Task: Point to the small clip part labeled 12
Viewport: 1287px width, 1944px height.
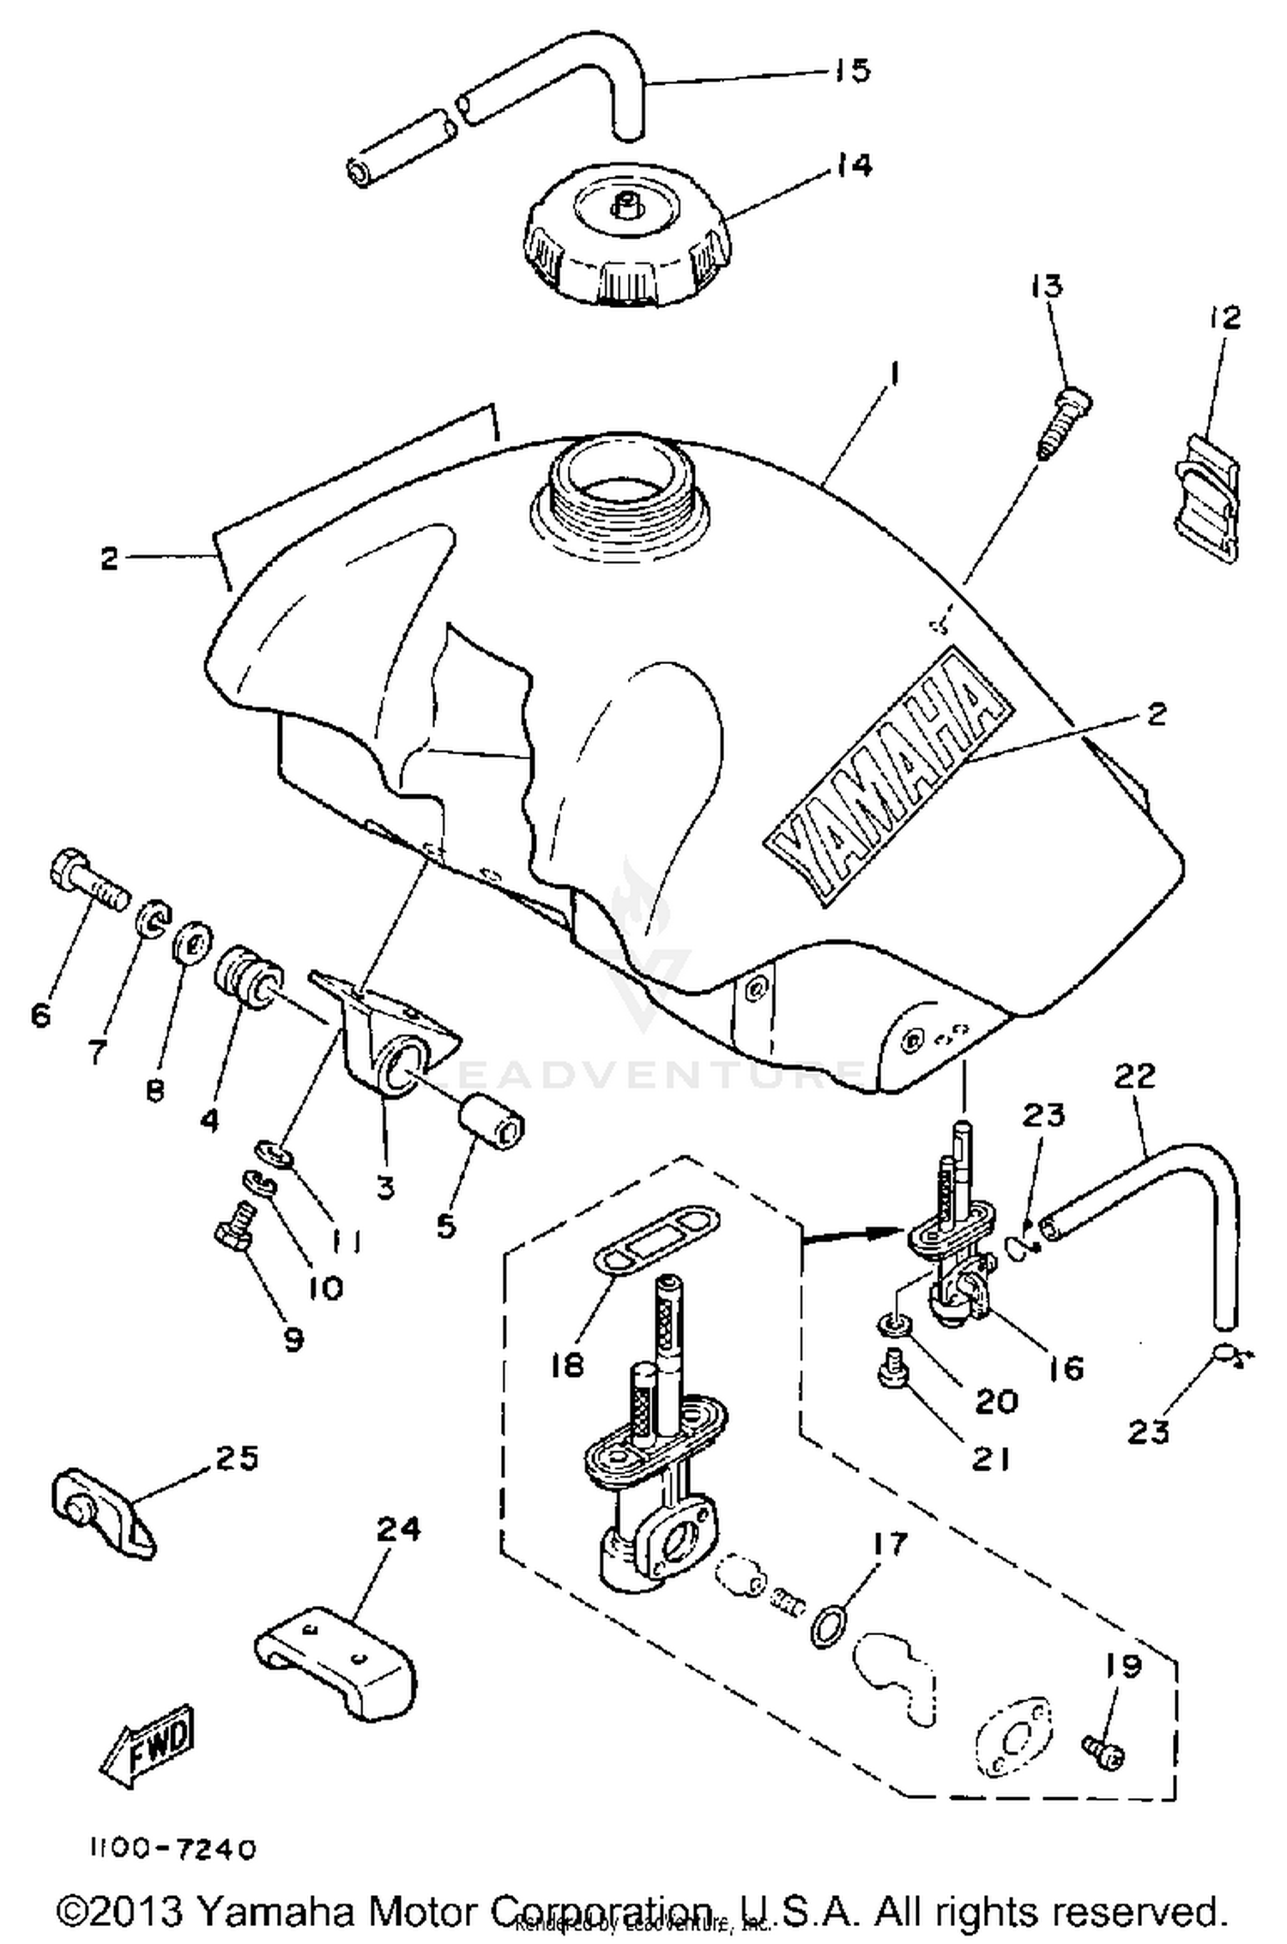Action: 1206,498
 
